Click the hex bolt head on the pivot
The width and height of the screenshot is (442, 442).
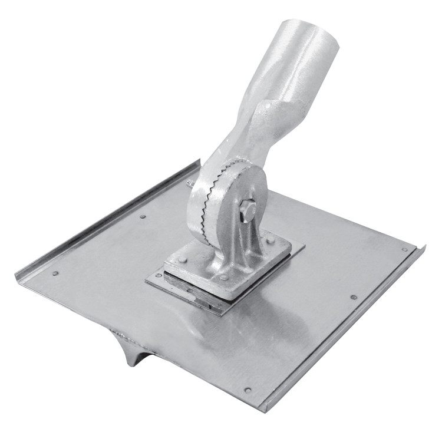(248, 210)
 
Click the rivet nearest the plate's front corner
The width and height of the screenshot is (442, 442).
(248, 390)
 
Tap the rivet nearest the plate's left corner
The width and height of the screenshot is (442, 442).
(55, 273)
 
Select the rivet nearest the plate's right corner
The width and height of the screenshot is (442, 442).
(405, 249)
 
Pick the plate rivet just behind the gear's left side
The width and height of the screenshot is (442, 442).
(143, 216)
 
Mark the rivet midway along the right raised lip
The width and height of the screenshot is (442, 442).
(353, 297)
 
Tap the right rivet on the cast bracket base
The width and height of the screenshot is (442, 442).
(271, 240)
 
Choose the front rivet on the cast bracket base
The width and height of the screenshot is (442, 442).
(223, 278)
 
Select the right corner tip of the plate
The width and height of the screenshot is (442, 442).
(423, 247)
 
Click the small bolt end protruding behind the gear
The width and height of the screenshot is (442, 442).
(190, 183)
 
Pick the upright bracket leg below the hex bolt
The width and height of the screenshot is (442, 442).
(245, 245)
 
